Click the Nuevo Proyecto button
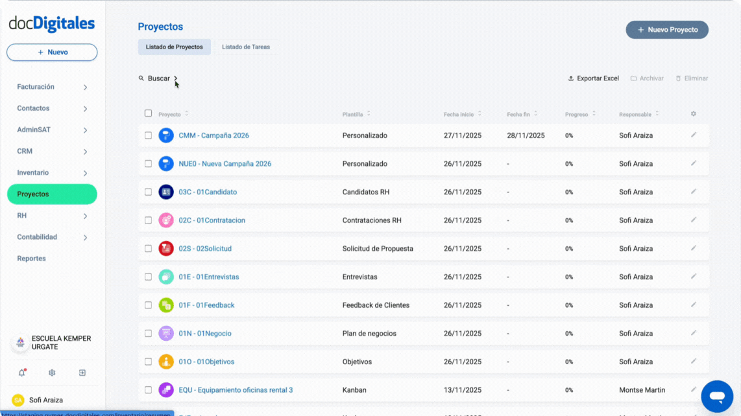(x=667, y=30)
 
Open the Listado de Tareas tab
(x=246, y=47)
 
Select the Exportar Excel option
(x=593, y=78)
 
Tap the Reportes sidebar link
(x=31, y=259)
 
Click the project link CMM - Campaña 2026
(x=213, y=135)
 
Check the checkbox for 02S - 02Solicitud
(x=148, y=248)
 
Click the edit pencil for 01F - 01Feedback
(x=694, y=305)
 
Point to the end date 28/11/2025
(x=526, y=135)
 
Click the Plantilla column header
(x=353, y=114)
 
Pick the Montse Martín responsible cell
(x=642, y=390)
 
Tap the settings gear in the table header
(x=694, y=114)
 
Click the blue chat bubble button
(x=716, y=396)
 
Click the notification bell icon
(x=22, y=373)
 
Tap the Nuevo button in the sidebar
(x=52, y=52)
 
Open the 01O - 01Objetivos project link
(x=206, y=362)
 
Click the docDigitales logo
(x=52, y=24)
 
